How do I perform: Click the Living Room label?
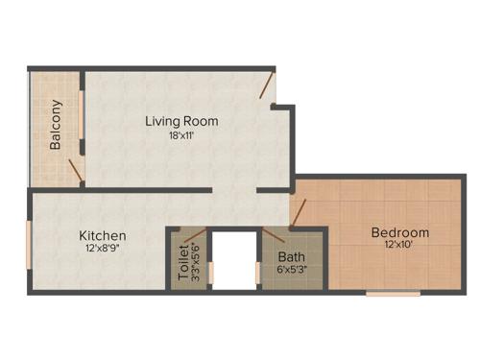(181, 121)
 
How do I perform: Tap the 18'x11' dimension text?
(181, 135)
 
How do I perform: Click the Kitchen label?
(102, 235)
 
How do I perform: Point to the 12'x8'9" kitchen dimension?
(102, 249)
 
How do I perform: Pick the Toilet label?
(183, 262)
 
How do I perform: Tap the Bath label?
(291, 256)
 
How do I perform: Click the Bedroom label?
(400, 232)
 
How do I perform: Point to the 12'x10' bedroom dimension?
(400, 246)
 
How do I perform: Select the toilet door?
(192, 233)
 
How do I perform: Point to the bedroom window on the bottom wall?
(393, 293)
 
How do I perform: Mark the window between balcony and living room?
(82, 115)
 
